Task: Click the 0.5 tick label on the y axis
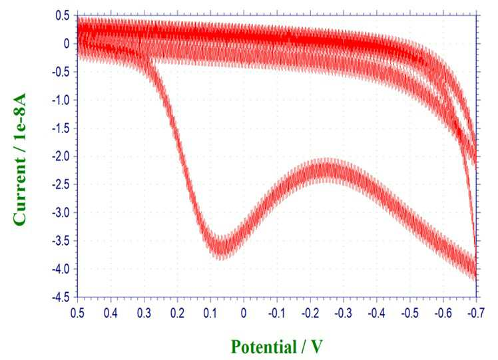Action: [x=63, y=15]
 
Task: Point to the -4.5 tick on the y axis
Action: [x=61, y=297]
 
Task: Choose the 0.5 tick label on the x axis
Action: [x=77, y=313]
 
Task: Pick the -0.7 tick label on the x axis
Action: [x=476, y=313]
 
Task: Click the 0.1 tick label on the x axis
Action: [x=210, y=313]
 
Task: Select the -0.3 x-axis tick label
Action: [x=343, y=313]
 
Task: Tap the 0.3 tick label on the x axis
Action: [x=144, y=313]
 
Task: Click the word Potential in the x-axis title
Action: [x=263, y=347]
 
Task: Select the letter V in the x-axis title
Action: [x=316, y=347]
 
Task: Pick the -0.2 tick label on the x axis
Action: [x=310, y=313]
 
